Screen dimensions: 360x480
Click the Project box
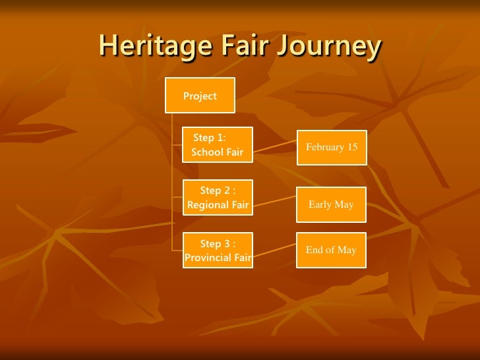point(200,96)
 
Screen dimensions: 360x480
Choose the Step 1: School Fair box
point(218,145)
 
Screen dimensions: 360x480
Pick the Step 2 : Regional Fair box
point(218,198)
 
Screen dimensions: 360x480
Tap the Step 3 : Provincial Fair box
point(218,251)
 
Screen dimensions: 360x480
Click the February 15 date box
point(332,147)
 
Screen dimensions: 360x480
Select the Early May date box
point(331,204)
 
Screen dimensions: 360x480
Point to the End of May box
point(331,250)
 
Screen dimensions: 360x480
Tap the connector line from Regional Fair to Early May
point(276,200)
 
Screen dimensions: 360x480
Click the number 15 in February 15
point(352,147)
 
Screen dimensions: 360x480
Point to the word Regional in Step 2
point(207,205)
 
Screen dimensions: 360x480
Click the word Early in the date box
point(320,204)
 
